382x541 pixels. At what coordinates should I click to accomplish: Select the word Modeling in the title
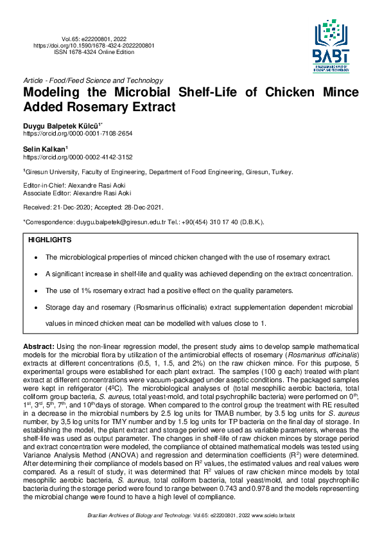55,93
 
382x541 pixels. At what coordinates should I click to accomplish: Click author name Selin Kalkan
44,149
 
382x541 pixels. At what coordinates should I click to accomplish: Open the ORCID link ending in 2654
78,133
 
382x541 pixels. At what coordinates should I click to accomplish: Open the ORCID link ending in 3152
78,157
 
